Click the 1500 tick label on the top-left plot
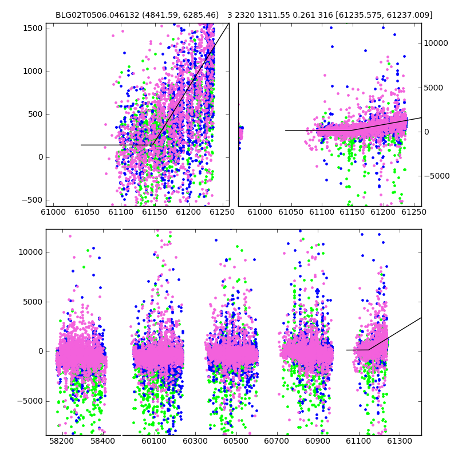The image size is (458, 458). [32, 28]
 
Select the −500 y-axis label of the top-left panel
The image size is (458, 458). [32, 200]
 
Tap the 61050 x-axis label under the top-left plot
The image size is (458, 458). [87, 212]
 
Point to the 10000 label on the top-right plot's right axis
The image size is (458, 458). [436, 44]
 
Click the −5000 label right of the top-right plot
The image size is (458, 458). [437, 176]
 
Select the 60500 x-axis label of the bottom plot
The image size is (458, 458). [236, 441]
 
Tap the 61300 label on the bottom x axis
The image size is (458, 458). [399, 441]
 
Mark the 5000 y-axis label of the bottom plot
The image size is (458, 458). [33, 302]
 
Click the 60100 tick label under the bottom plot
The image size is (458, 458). [154, 441]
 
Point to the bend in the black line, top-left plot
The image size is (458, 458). [152, 145]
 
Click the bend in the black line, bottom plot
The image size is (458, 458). [368, 350]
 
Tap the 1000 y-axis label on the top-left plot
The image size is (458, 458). [33, 71]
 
